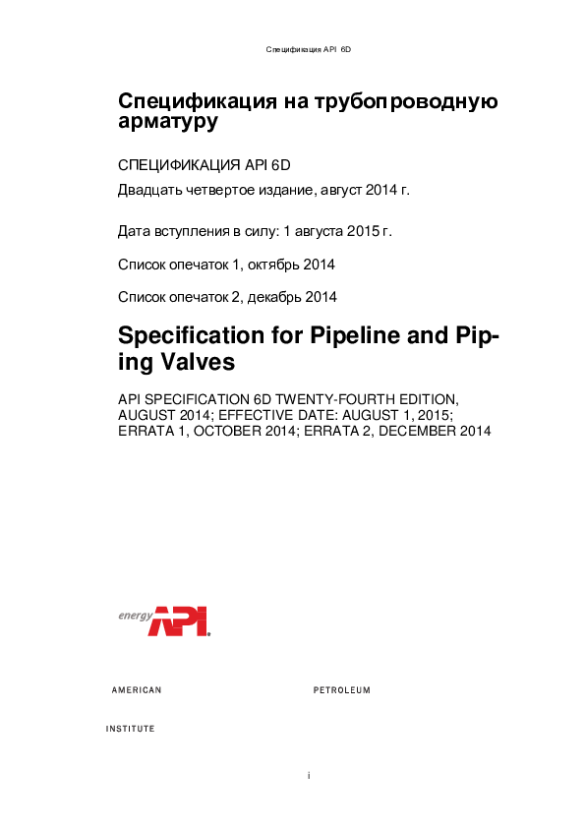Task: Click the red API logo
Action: click(180, 621)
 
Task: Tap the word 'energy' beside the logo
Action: click(134, 616)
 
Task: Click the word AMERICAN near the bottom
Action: click(137, 690)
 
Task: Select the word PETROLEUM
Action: click(341, 690)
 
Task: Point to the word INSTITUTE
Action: click(130, 730)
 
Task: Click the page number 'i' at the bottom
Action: click(309, 776)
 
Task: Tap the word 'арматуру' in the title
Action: click(167, 123)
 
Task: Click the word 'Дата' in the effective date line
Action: click(134, 232)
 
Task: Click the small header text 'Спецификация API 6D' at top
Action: click(309, 48)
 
